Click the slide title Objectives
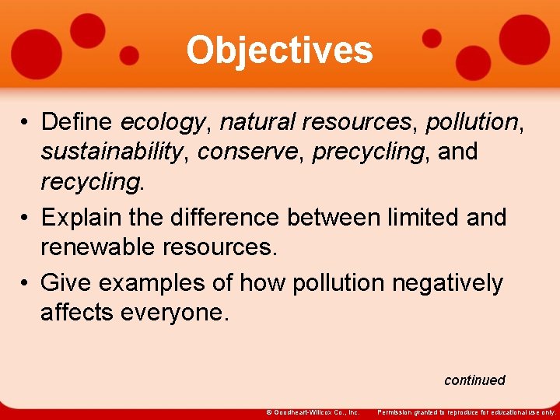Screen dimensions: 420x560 (279, 51)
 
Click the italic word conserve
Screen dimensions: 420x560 (250, 152)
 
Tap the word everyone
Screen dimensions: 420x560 (180, 313)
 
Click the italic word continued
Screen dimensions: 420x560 (474, 380)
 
